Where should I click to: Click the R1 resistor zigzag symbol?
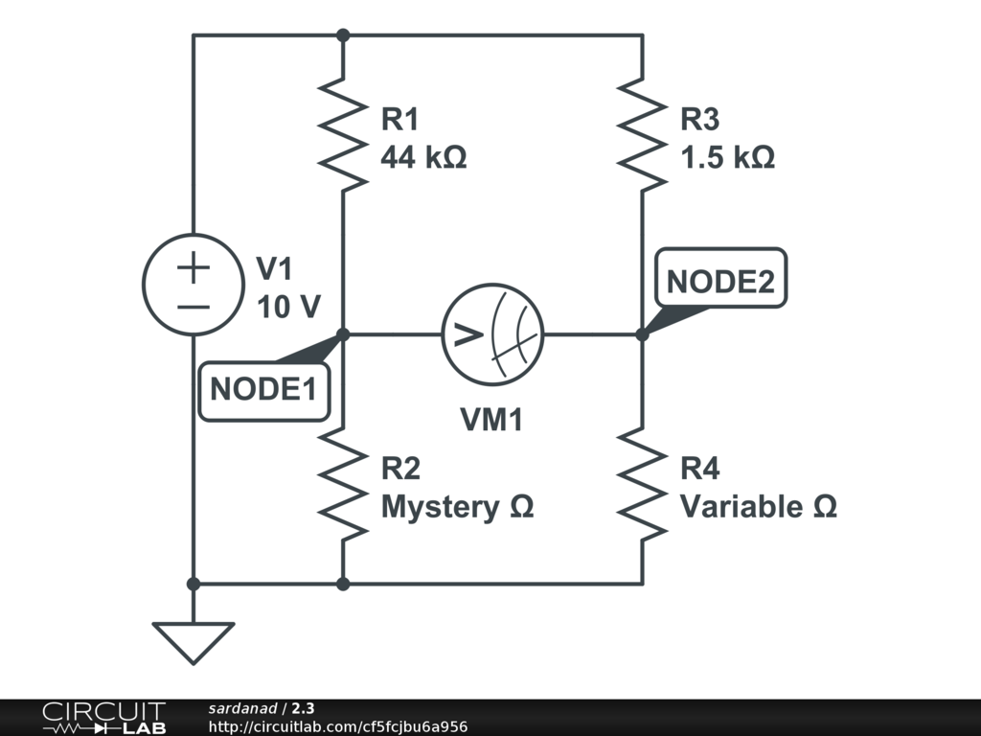tap(343, 134)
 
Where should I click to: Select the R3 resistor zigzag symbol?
tap(642, 134)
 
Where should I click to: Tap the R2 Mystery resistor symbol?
tap(343, 484)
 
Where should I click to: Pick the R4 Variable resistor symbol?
tap(642, 484)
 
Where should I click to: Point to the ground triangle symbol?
tap(194, 643)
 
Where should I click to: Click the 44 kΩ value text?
tap(423, 156)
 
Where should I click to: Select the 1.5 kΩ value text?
tap(728, 156)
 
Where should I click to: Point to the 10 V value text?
tap(288, 307)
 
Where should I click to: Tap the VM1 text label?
tap(491, 420)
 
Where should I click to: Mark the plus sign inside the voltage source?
tap(194, 267)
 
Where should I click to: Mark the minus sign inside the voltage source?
tap(194, 307)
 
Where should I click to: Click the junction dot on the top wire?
tap(343, 35)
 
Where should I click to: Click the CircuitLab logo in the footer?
tap(104, 718)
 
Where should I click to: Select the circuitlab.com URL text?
tap(338, 726)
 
